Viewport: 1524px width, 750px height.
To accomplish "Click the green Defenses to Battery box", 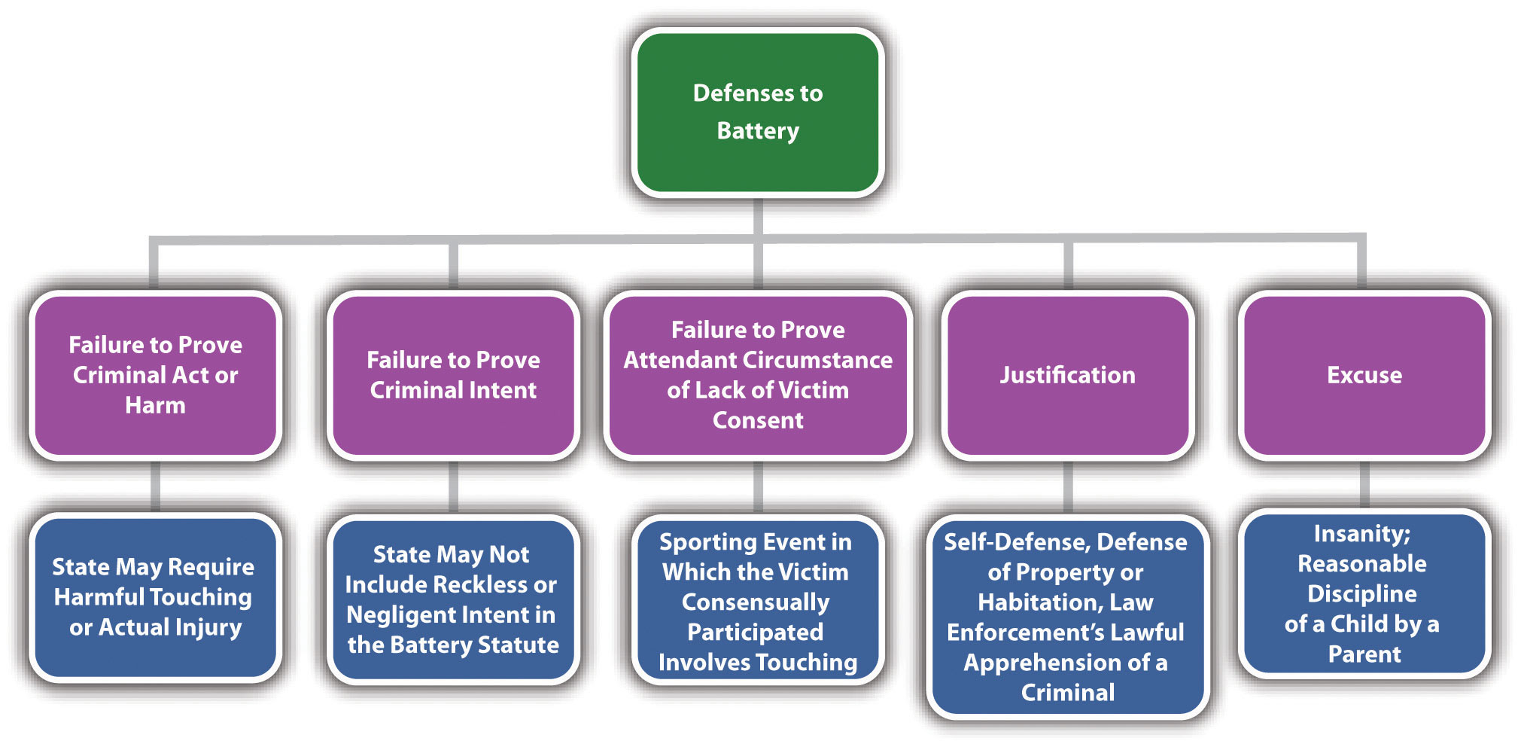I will pos(758,112).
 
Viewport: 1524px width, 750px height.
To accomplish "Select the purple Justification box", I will pos(1067,375).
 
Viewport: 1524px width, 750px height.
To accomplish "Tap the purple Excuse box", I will pos(1364,375).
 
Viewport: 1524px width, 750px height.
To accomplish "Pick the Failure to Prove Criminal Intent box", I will pos(453,375).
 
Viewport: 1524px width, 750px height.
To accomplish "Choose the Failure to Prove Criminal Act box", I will pos(155,375).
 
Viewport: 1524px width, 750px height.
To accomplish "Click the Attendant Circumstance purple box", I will pos(758,375).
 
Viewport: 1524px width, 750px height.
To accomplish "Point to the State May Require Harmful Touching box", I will pos(155,597).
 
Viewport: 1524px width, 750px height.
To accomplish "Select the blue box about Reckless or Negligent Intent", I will pos(453,599).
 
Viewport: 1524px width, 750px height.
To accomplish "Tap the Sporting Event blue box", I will pos(758,601).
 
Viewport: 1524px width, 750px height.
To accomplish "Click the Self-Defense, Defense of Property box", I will pos(1067,616).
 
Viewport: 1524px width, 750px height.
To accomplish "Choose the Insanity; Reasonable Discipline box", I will pos(1364,593).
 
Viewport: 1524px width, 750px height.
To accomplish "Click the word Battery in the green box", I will pos(758,131).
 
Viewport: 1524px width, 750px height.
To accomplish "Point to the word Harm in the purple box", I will pos(155,405).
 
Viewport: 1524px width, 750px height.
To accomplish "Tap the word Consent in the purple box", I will pos(758,420).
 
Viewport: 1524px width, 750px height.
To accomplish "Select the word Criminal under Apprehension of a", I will pos(1067,693).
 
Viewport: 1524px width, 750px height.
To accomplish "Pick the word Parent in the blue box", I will pos(1364,654).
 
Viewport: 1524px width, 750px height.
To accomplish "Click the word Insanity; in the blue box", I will pos(1362,534).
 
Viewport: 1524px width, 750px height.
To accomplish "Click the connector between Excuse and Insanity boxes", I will pos(1364,484).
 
